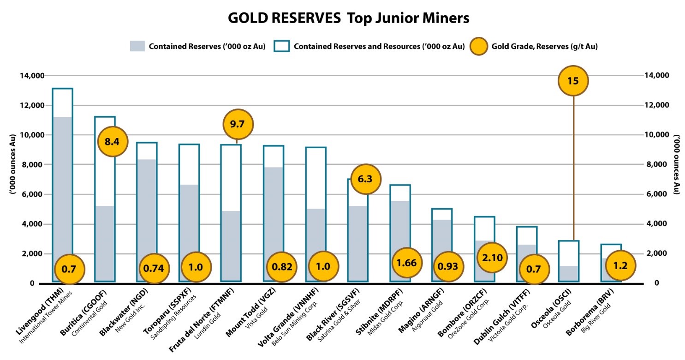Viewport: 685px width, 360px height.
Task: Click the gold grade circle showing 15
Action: [573, 80]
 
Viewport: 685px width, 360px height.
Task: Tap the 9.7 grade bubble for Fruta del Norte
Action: [238, 124]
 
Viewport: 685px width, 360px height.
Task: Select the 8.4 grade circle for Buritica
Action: [113, 141]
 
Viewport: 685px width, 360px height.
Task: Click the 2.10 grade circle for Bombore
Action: [492, 257]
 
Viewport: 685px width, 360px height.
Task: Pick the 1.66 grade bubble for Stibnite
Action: [407, 263]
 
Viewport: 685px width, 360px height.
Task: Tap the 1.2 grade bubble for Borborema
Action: [620, 265]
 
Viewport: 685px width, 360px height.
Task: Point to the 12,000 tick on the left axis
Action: [32, 105]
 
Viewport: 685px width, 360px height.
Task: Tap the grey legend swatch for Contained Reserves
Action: [137, 46]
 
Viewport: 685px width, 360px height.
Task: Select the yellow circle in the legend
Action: [478, 46]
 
